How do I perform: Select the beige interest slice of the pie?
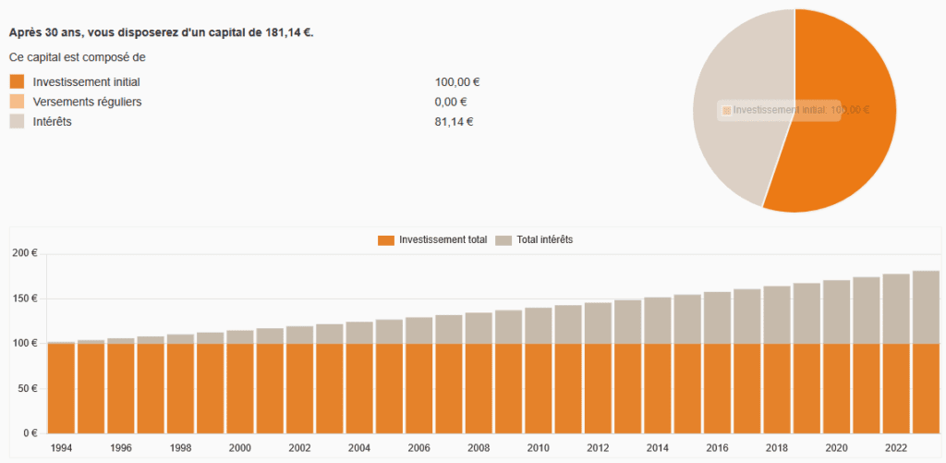(x=734, y=148)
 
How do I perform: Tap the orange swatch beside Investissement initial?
(x=17, y=81)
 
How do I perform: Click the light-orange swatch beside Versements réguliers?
(x=17, y=102)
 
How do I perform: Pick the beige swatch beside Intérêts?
(x=17, y=122)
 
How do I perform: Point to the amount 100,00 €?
(x=456, y=81)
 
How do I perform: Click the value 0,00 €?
(x=450, y=102)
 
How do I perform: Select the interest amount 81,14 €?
(x=454, y=122)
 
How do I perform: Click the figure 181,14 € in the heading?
(x=287, y=32)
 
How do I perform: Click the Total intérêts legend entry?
(x=535, y=240)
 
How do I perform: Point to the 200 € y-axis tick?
(x=23, y=253)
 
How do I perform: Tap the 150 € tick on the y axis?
(x=23, y=299)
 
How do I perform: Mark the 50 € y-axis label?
(x=26, y=388)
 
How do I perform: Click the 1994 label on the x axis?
(x=61, y=447)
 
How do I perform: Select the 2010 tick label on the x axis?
(x=538, y=447)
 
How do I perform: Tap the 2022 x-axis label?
(x=895, y=447)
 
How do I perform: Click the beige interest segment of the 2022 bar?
(x=895, y=309)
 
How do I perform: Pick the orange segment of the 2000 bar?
(x=240, y=388)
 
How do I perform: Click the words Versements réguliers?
(x=87, y=102)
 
